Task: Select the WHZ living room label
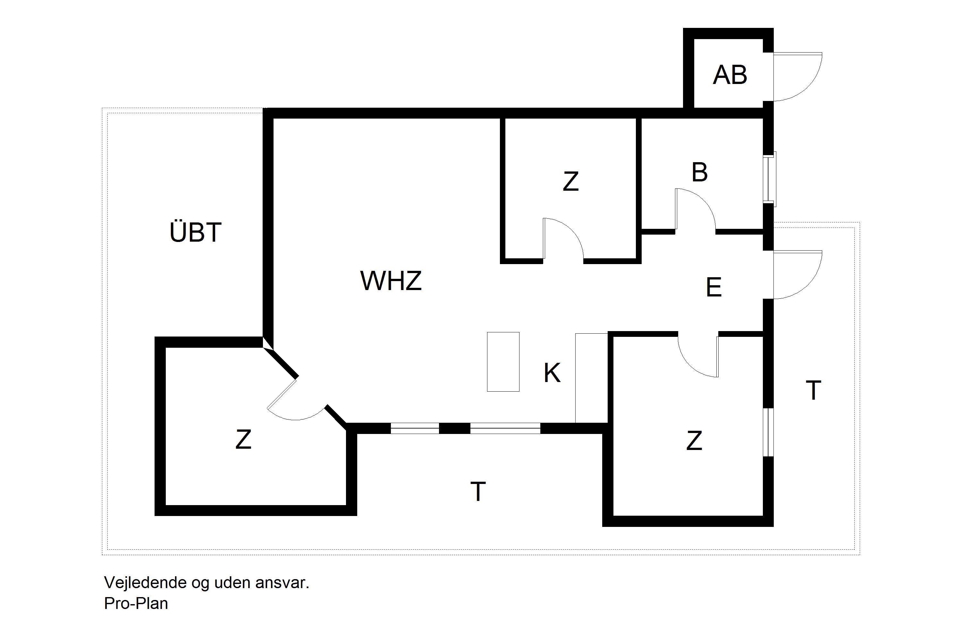[391, 280]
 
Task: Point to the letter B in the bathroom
[700, 172]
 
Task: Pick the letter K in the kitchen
[552, 372]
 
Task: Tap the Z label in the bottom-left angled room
[243, 439]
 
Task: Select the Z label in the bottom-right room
[694, 441]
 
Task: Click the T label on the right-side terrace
[813, 390]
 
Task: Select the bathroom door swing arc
[695, 209]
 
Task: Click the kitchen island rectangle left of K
[503, 362]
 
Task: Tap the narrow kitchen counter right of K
[591, 378]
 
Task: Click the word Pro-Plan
[136, 604]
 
